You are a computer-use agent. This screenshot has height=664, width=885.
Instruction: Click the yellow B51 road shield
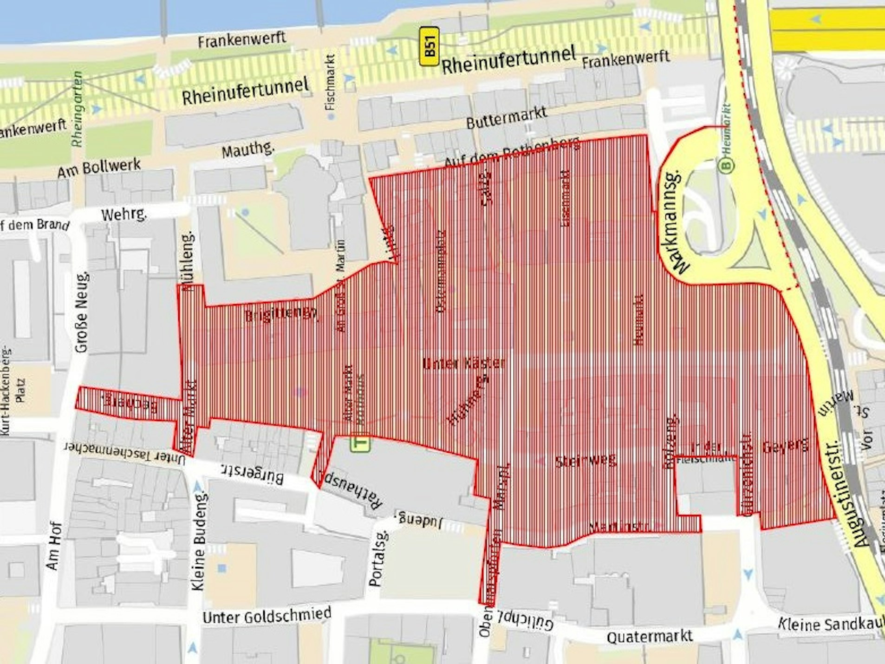click(x=429, y=46)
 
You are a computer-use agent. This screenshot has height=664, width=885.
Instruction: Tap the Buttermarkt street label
click(x=506, y=117)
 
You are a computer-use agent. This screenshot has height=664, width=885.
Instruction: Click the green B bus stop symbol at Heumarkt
click(x=727, y=165)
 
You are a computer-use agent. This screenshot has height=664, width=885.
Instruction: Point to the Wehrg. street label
click(x=124, y=215)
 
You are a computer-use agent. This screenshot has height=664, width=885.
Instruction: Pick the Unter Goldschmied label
click(x=267, y=615)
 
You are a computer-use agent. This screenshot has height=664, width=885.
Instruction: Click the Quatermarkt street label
click(x=650, y=636)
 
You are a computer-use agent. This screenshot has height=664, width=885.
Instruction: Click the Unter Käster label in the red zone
click(x=463, y=363)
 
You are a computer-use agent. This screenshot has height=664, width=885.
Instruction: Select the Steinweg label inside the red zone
click(x=586, y=461)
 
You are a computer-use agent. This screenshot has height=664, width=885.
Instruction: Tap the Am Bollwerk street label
click(x=98, y=168)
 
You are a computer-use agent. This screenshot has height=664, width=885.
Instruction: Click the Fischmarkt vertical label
click(x=331, y=83)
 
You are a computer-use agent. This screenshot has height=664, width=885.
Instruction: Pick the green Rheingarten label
click(x=78, y=109)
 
